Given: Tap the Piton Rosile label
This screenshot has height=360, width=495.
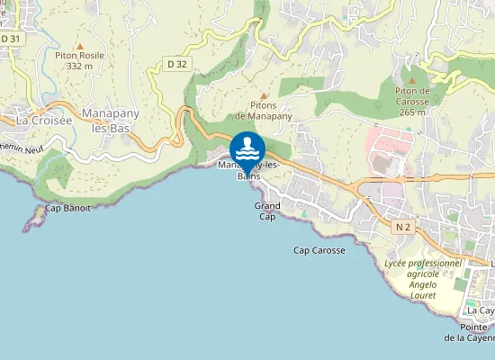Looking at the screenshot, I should tap(80, 55).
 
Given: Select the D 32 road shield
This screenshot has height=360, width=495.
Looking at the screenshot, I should tap(176, 64).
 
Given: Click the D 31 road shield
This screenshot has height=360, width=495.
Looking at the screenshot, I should tap(11, 40).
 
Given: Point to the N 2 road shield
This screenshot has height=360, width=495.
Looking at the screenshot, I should tap(402, 228).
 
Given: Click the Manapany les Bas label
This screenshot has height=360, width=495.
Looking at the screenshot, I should tap(109, 121).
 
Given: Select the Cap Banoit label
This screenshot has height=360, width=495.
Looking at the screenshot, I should tap(68, 208).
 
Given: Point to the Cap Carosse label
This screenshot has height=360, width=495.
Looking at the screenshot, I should tap(319, 249).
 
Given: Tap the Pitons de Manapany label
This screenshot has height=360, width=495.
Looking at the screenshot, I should tap(264, 111).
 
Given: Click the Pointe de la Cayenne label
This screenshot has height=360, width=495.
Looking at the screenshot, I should tap(472, 332).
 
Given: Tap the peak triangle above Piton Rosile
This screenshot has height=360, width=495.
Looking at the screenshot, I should tap(80, 44).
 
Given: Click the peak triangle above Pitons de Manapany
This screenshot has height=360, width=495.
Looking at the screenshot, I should tap(264, 94).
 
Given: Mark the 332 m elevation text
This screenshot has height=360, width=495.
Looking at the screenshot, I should tap(80, 66).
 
